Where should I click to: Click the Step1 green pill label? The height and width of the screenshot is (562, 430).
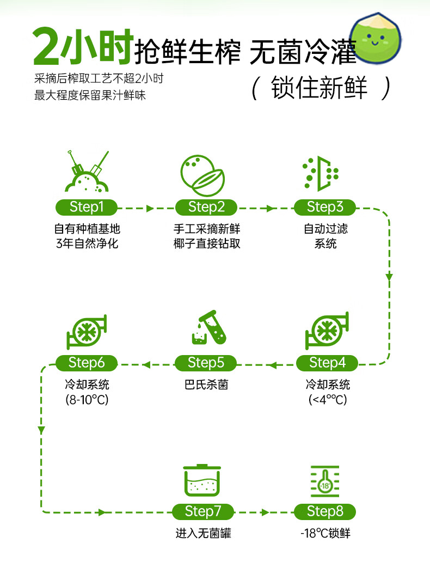pyautogui.click(x=87, y=207)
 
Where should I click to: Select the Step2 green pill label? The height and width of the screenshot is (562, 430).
pyautogui.click(x=206, y=207)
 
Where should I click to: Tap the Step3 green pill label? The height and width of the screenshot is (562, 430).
pyautogui.click(x=325, y=207)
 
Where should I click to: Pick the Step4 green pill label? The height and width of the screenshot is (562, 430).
pyautogui.click(x=327, y=363)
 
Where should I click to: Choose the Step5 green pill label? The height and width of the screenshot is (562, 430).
pyautogui.click(x=206, y=363)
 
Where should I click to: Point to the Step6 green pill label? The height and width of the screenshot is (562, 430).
pyautogui.click(x=87, y=363)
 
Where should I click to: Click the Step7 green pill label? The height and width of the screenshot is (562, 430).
pyautogui.click(x=203, y=511)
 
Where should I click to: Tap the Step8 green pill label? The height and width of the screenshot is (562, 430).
pyautogui.click(x=325, y=511)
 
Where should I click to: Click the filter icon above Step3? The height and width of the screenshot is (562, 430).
pyautogui.click(x=321, y=174)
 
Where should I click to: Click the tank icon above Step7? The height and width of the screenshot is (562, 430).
pyautogui.click(x=202, y=480)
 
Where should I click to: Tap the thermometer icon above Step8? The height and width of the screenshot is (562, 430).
pyautogui.click(x=325, y=482)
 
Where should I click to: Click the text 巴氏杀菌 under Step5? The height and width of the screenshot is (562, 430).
pyautogui.click(x=206, y=385)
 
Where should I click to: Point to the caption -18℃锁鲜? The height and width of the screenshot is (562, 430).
pyautogui.click(x=325, y=534)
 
